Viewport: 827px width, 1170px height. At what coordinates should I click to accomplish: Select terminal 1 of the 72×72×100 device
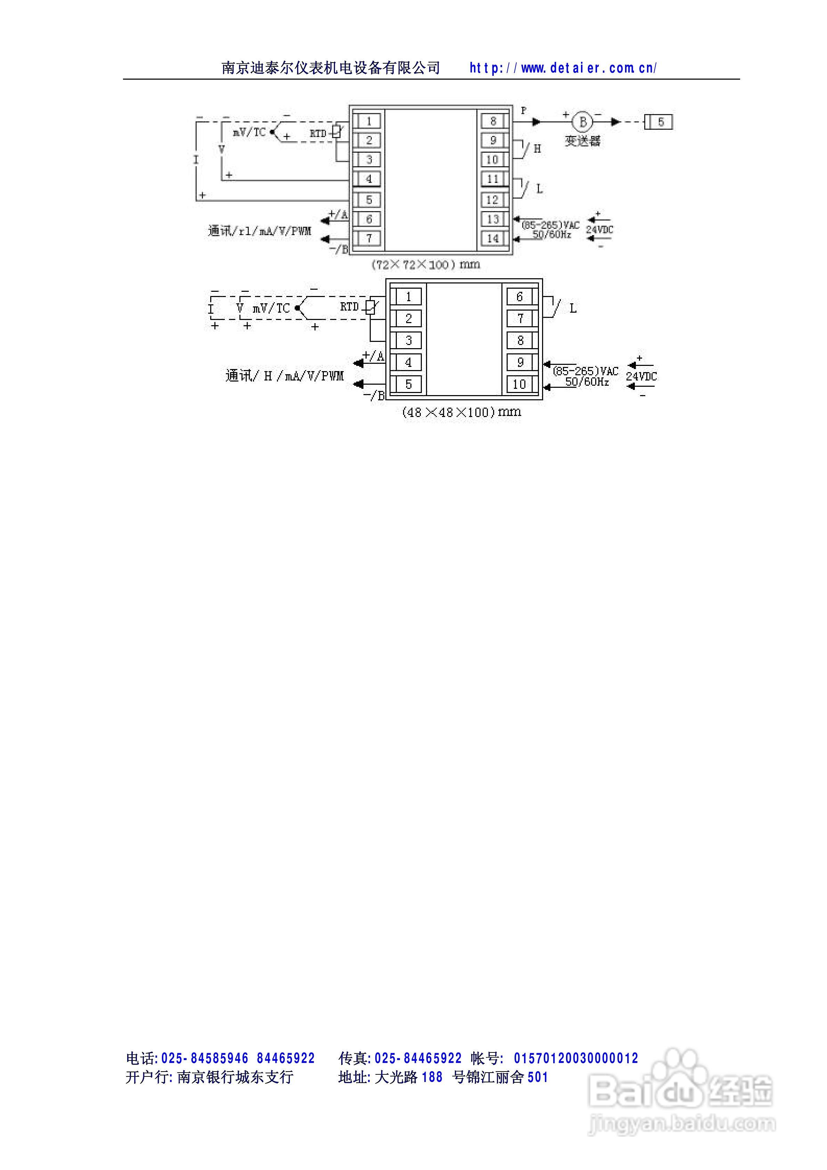point(369,121)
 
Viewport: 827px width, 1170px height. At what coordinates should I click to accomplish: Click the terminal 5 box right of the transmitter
point(661,122)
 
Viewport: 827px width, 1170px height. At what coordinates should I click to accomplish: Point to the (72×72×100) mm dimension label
point(426,264)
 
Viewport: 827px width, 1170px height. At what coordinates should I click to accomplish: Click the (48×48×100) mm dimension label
point(461,412)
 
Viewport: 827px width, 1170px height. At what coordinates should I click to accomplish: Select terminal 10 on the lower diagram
point(519,384)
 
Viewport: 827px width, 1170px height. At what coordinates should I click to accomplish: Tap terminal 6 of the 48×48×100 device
point(519,297)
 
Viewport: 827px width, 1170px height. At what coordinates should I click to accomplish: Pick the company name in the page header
point(331,68)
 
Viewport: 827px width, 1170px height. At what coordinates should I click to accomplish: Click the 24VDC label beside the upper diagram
point(599,230)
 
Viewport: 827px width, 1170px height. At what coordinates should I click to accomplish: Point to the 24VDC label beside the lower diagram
point(641,377)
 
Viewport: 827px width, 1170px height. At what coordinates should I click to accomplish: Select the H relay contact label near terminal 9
point(537,149)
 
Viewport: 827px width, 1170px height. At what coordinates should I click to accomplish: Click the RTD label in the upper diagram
point(318,134)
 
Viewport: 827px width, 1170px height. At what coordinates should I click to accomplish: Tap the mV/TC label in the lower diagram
point(271,308)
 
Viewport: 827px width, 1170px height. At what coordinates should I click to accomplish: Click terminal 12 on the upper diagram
point(492,200)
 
